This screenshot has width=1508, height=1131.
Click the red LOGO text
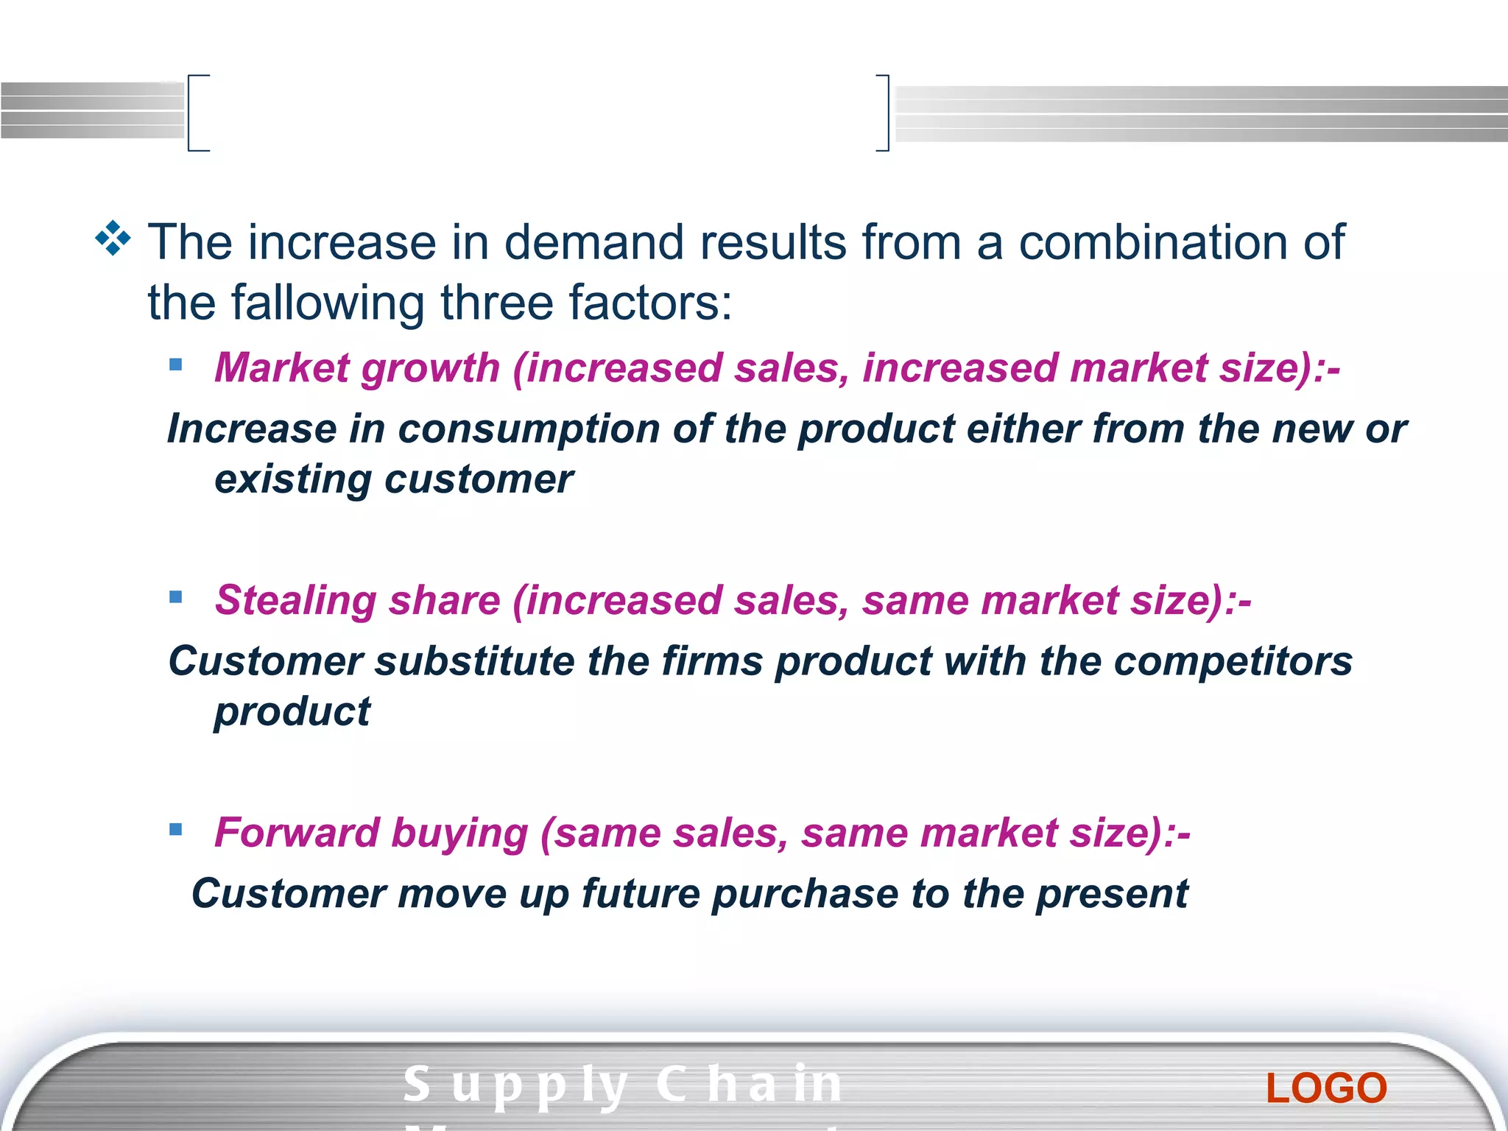tap(1326, 1088)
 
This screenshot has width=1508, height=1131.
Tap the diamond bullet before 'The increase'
tap(113, 239)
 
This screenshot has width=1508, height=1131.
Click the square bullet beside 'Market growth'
tap(175, 364)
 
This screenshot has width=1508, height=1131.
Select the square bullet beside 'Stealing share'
tap(175, 597)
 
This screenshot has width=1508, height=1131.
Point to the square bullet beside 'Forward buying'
tap(175, 830)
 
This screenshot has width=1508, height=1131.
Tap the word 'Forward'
tap(297, 833)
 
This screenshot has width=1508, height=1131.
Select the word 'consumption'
tap(529, 429)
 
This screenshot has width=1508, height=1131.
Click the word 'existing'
tap(293, 480)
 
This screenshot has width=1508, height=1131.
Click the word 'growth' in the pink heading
tap(431, 368)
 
